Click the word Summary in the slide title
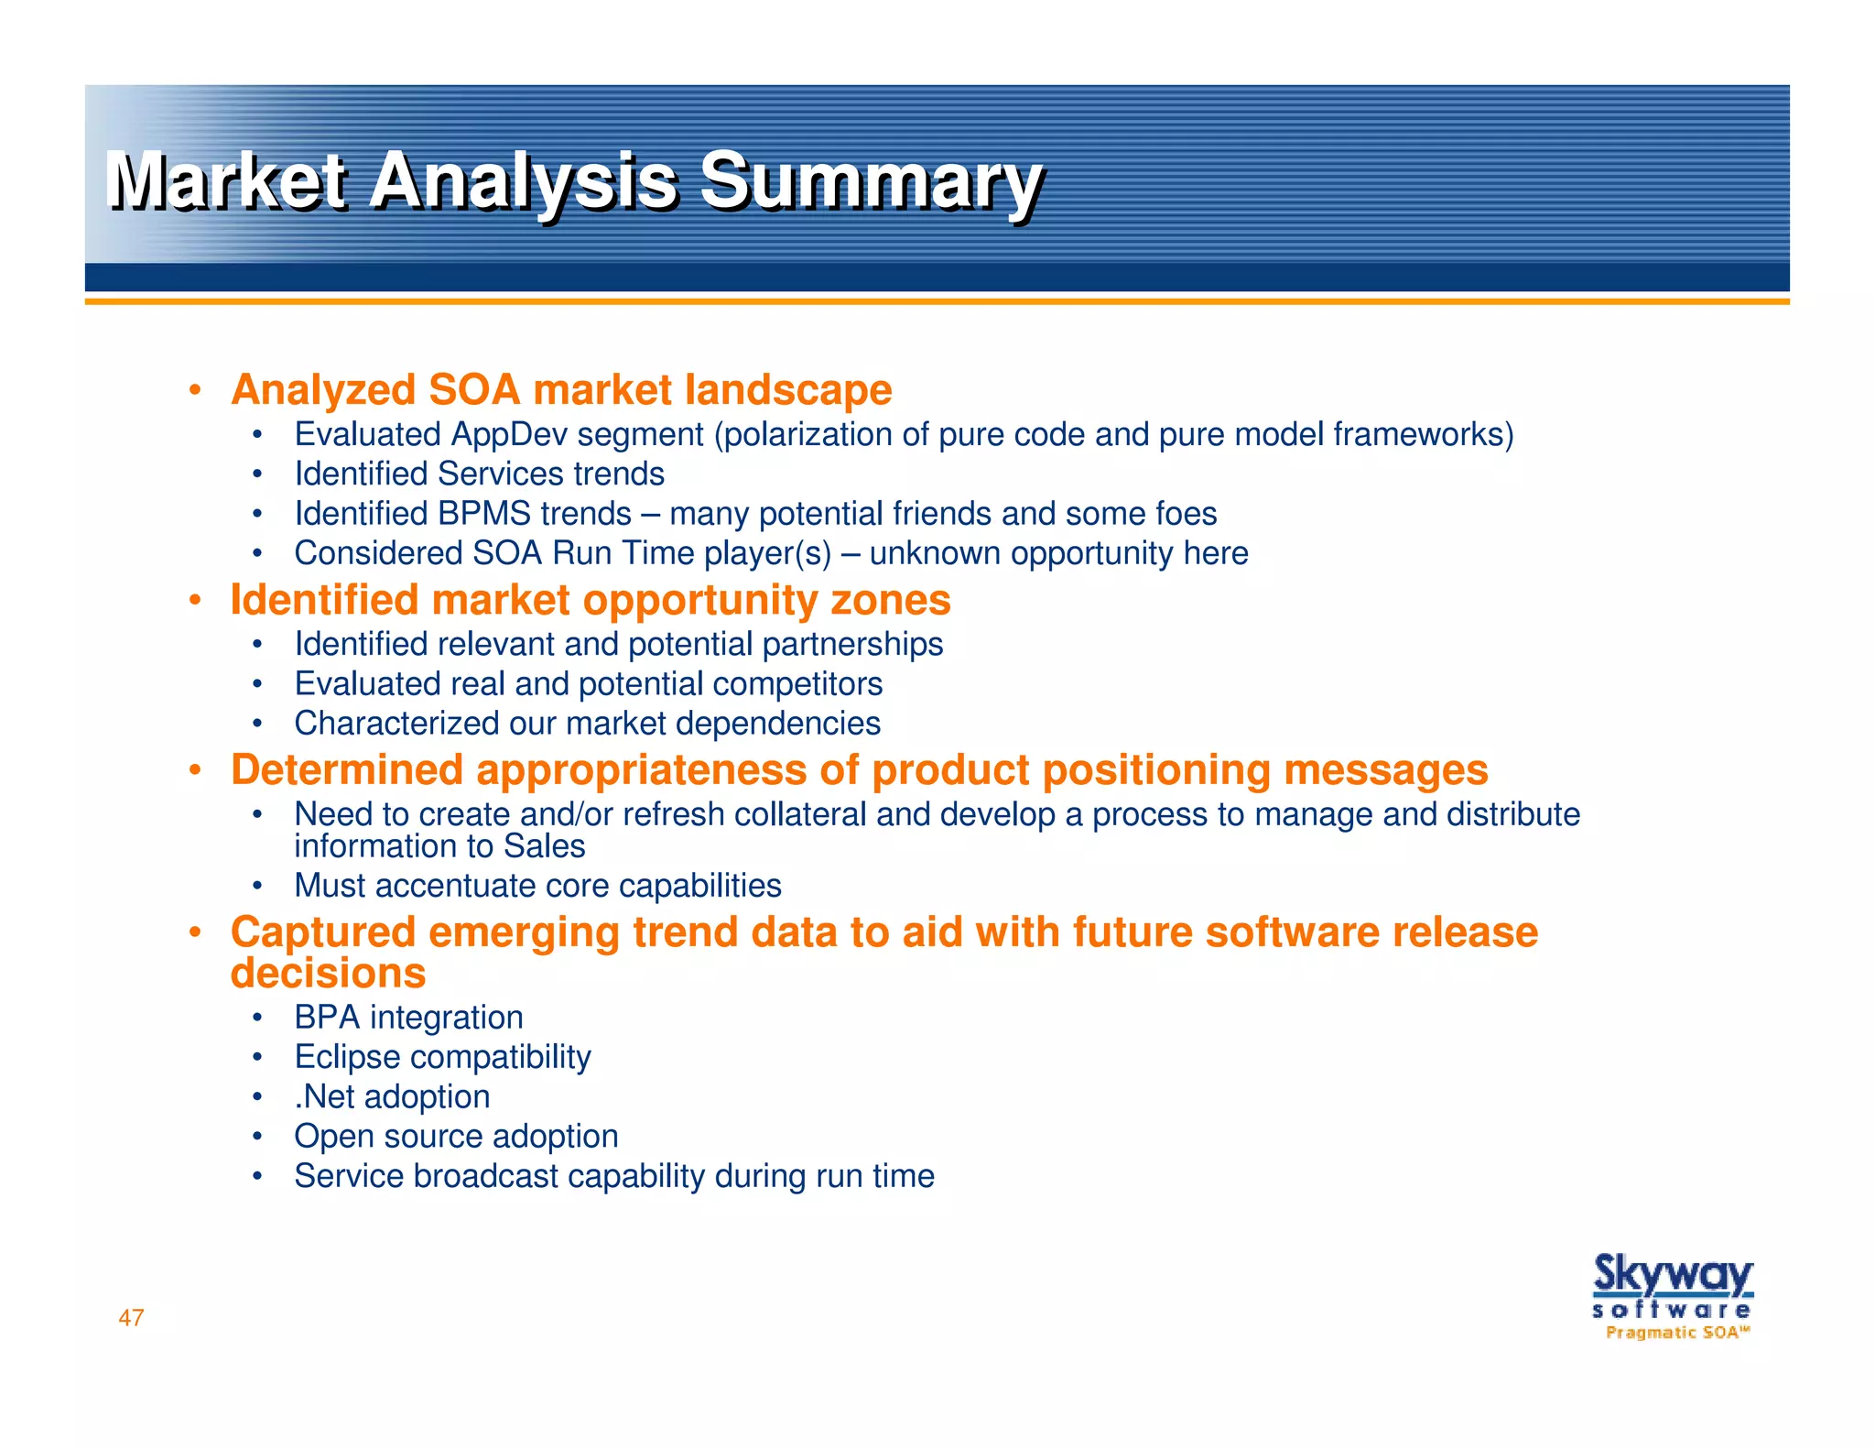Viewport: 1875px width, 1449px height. (x=870, y=180)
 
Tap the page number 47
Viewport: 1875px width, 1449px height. (x=131, y=1317)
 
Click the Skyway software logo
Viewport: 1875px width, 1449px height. (x=1672, y=1286)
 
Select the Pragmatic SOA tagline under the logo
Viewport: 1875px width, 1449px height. (x=1677, y=1333)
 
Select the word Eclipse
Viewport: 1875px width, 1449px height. (x=347, y=1057)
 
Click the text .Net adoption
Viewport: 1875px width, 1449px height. (x=392, y=1096)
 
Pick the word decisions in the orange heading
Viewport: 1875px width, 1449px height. (x=328, y=973)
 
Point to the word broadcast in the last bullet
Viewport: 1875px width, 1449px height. (x=485, y=1176)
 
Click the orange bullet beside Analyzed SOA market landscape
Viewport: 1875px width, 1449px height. (x=194, y=391)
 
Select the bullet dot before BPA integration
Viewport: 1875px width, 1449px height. (x=258, y=1018)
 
